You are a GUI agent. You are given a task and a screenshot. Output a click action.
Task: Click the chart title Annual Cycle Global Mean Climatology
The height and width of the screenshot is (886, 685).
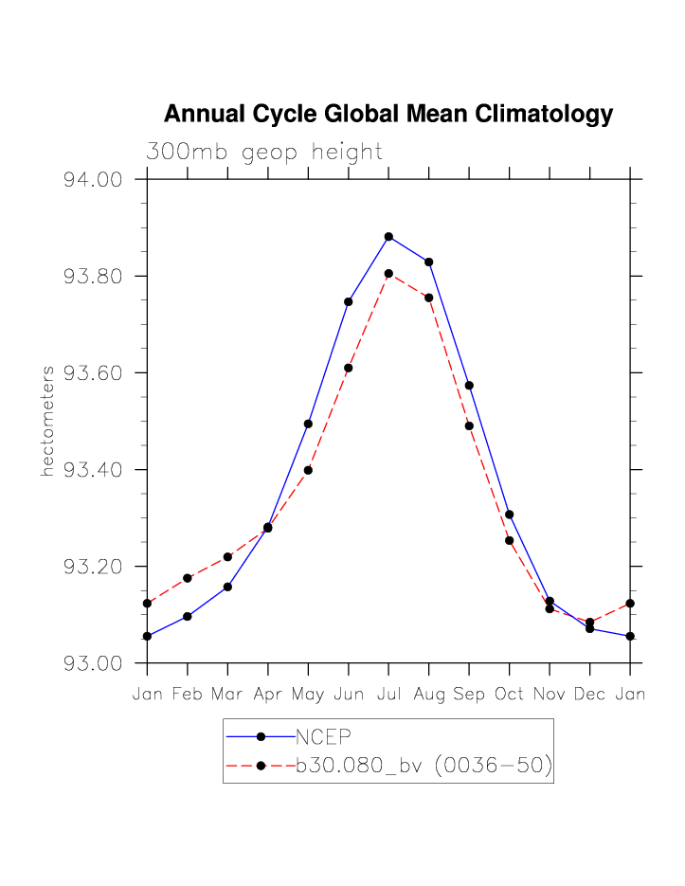[388, 115]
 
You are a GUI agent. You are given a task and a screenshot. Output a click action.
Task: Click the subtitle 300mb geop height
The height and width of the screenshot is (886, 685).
[263, 152]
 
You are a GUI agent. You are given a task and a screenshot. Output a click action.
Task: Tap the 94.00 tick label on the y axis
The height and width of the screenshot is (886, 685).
[94, 179]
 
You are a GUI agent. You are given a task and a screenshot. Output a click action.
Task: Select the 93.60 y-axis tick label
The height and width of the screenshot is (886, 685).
[94, 372]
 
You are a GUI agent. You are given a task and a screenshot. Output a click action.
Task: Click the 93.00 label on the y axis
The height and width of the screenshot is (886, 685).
[94, 662]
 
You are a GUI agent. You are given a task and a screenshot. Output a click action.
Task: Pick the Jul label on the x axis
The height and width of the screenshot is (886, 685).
[388, 695]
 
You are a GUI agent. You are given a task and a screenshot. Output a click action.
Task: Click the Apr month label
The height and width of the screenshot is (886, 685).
[268, 695]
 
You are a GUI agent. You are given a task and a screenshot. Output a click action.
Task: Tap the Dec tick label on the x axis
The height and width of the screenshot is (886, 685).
[589, 695]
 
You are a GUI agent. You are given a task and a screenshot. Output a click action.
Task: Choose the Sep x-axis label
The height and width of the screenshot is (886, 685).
[469, 695]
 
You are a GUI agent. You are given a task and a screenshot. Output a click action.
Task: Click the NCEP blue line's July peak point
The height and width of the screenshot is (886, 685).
[388, 236]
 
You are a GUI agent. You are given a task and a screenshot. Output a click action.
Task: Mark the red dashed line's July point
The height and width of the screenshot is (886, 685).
[388, 274]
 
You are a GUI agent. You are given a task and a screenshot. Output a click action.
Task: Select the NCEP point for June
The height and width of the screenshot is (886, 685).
[349, 301]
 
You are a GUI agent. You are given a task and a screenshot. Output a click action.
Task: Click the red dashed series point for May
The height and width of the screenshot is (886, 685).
[308, 470]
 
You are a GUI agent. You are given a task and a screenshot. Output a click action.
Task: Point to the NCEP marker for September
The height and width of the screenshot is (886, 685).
[469, 385]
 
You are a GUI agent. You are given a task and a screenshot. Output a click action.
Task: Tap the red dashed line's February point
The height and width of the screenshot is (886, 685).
[188, 578]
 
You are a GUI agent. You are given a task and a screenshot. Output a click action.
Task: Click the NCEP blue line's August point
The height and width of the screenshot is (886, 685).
[429, 262]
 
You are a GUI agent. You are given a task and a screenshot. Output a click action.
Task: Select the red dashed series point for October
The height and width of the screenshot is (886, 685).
[509, 540]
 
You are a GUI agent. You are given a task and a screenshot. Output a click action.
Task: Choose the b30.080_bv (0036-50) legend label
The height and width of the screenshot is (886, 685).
[424, 766]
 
